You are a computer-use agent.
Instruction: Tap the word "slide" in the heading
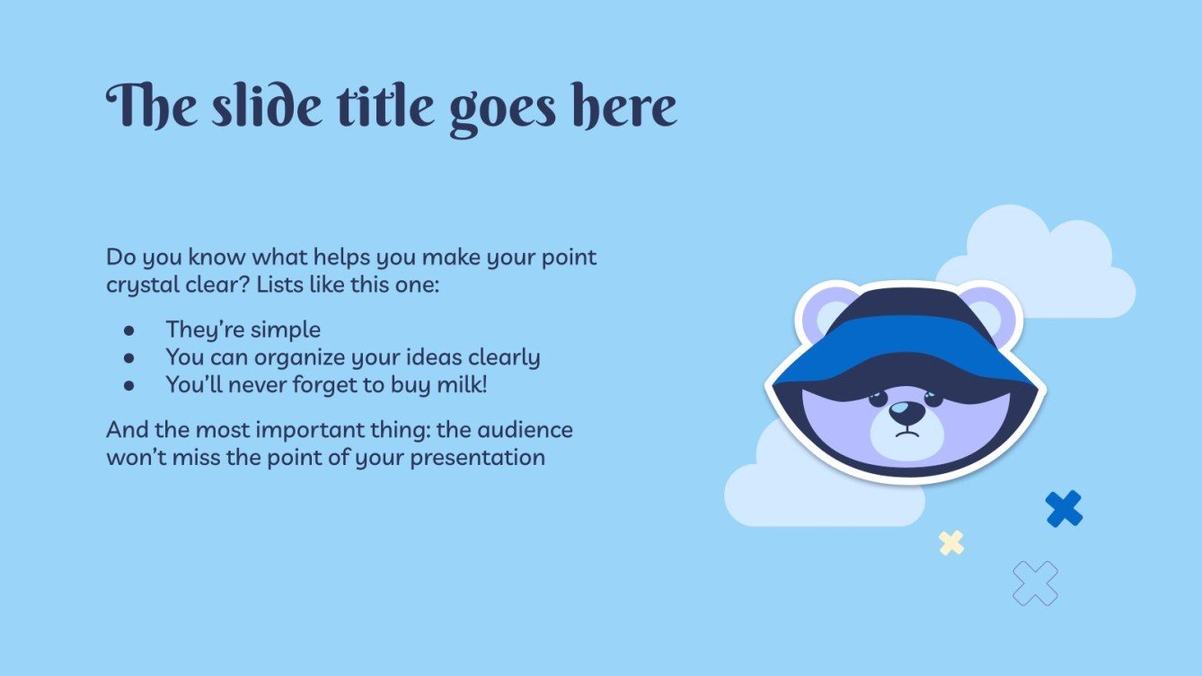click(x=266, y=106)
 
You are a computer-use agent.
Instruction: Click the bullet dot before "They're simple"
click(x=128, y=330)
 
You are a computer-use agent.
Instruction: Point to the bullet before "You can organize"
click(x=128, y=358)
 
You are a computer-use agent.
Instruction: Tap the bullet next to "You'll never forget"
click(x=128, y=385)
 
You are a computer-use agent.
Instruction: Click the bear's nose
click(x=906, y=412)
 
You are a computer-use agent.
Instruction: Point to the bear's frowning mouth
click(x=906, y=432)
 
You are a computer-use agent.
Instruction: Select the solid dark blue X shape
click(x=1064, y=509)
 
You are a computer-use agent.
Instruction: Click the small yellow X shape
click(x=951, y=543)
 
